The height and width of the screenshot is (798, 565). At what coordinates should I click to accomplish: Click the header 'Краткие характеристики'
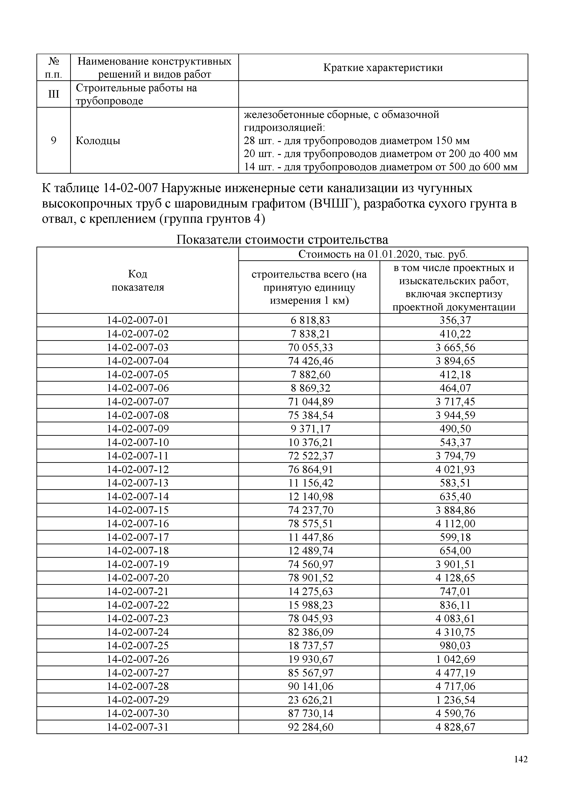pyautogui.click(x=383, y=67)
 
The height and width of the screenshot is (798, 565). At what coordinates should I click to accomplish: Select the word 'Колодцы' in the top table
pyautogui.click(x=98, y=141)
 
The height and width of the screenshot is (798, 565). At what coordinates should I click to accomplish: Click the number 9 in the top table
pyautogui.click(x=54, y=141)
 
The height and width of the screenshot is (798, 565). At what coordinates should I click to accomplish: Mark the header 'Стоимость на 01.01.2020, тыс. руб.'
pyautogui.click(x=383, y=254)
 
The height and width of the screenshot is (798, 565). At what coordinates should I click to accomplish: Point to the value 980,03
pyautogui.click(x=455, y=645)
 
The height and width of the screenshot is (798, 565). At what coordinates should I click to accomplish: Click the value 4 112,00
pyautogui.click(x=455, y=523)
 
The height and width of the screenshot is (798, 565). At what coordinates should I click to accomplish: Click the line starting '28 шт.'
pyautogui.click(x=356, y=141)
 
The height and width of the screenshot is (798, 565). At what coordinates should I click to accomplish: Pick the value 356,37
pyautogui.click(x=455, y=320)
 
